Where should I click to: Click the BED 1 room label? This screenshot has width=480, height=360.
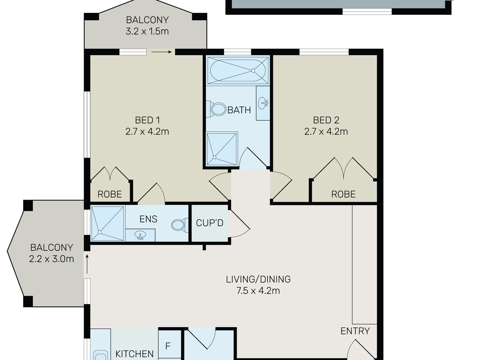coord(147,120)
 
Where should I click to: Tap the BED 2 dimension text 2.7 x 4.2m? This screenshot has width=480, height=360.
coord(326,132)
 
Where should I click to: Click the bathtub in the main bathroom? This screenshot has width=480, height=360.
coord(238,71)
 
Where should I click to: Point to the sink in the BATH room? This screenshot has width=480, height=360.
coord(263,103)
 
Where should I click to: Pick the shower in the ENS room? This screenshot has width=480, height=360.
coord(108,224)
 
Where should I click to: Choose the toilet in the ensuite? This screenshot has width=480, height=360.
coord(180,224)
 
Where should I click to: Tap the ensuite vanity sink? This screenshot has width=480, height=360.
coord(140,236)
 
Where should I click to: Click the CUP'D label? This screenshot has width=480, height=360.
coord(210,223)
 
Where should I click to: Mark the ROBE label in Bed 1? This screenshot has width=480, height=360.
coord(110,194)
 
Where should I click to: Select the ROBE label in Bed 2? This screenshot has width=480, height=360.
coord(343,194)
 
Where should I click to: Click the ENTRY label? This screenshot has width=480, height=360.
coord(355,331)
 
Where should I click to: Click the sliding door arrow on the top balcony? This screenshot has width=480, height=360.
coord(161,52)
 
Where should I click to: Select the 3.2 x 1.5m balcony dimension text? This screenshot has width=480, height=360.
coord(147,31)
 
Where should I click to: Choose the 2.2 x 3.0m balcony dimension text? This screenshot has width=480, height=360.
coord(51,259)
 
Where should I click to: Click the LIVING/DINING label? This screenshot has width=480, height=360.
coord(258,279)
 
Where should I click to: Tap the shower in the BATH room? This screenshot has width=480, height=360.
coord(222,149)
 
